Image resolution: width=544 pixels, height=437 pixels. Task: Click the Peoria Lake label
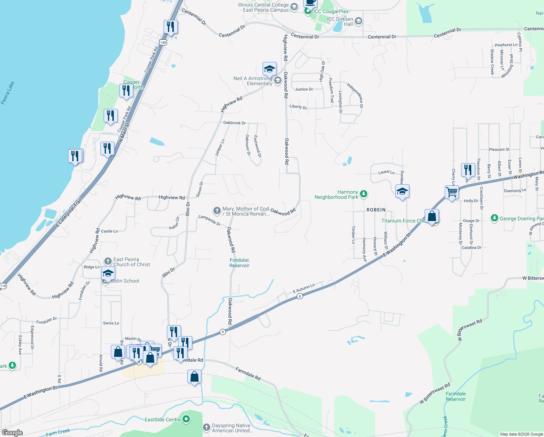click(8, 93)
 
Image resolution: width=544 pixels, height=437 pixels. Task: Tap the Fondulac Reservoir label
click(239, 263)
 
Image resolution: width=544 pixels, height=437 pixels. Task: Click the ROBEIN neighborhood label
click(376, 210)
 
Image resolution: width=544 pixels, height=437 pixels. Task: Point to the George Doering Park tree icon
click(494, 218)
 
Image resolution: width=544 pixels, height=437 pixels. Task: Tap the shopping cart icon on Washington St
click(452, 192)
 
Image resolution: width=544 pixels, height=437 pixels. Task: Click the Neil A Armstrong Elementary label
click(253, 81)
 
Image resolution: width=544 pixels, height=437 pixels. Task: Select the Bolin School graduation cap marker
click(108, 273)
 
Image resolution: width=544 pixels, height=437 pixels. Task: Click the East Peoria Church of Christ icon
click(108, 261)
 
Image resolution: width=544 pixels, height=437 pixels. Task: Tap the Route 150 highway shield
click(163, 43)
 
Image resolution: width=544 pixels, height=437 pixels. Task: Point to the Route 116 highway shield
click(3, 286)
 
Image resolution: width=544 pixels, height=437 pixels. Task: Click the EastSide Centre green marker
click(186, 419)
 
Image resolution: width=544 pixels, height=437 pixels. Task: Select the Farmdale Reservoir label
click(456, 397)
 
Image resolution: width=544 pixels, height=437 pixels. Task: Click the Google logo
click(12, 433)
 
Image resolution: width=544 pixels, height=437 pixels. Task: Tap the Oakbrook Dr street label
click(234, 123)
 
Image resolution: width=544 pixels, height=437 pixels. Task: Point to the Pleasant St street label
click(499, 149)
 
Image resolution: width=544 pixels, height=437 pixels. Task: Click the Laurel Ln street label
click(386, 172)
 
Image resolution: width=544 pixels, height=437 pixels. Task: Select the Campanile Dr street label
click(209, 220)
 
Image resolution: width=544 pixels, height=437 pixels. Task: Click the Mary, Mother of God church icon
click(217, 210)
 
